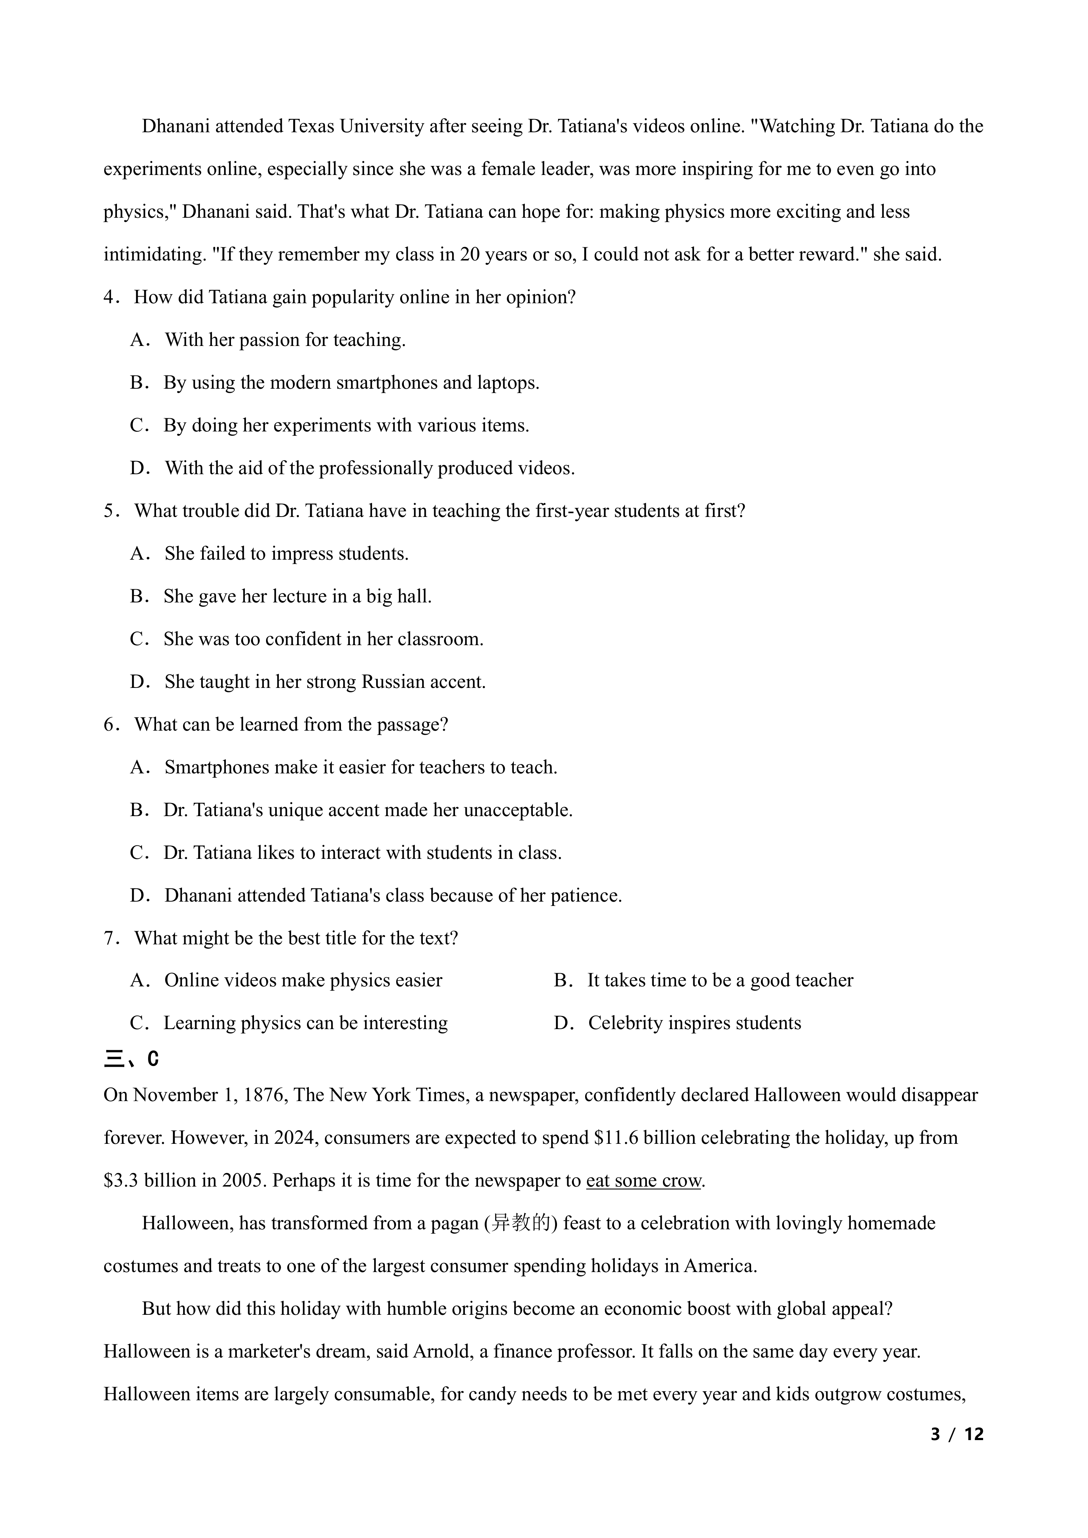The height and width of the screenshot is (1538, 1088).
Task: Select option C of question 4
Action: [346, 425]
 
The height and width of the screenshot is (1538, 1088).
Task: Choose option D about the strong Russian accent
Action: [324, 682]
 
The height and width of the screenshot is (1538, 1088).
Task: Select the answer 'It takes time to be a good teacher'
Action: [720, 980]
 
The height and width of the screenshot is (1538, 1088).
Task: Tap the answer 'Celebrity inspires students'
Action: [694, 1023]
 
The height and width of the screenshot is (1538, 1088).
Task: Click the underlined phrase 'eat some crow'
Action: [643, 1180]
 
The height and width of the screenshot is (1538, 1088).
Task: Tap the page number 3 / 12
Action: [957, 1434]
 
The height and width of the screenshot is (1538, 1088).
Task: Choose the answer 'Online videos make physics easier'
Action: [303, 980]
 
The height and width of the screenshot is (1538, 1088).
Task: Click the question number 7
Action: [109, 938]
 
